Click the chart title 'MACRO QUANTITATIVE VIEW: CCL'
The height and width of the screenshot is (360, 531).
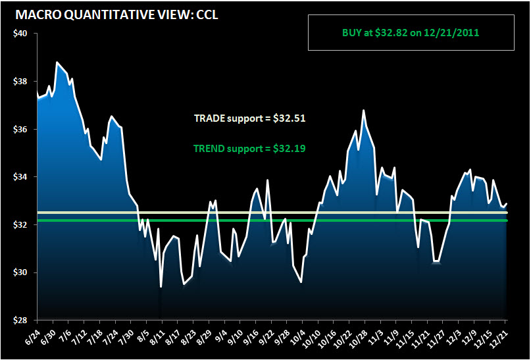pos(116,14)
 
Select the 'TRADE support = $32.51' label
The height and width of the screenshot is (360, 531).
pos(249,119)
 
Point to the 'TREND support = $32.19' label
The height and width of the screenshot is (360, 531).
pos(249,149)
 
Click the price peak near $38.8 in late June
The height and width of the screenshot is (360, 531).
pos(57,63)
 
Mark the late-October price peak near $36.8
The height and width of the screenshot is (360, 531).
pos(363,111)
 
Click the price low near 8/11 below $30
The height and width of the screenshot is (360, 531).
pos(161,286)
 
